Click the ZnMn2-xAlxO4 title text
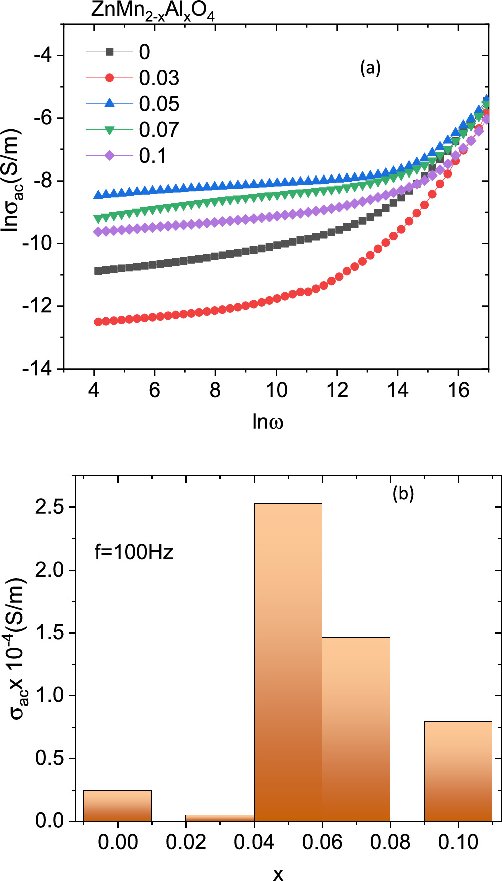(153, 12)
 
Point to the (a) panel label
(370, 68)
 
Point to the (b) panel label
(403, 494)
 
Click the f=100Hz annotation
(134, 552)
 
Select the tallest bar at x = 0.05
(288, 662)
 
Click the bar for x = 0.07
(356, 730)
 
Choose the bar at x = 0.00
(118, 805)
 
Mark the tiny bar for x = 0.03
(219, 818)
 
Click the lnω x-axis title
(268, 422)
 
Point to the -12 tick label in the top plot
(37, 306)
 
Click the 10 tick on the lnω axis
(276, 390)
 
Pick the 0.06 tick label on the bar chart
(322, 842)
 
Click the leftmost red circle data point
(98, 322)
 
